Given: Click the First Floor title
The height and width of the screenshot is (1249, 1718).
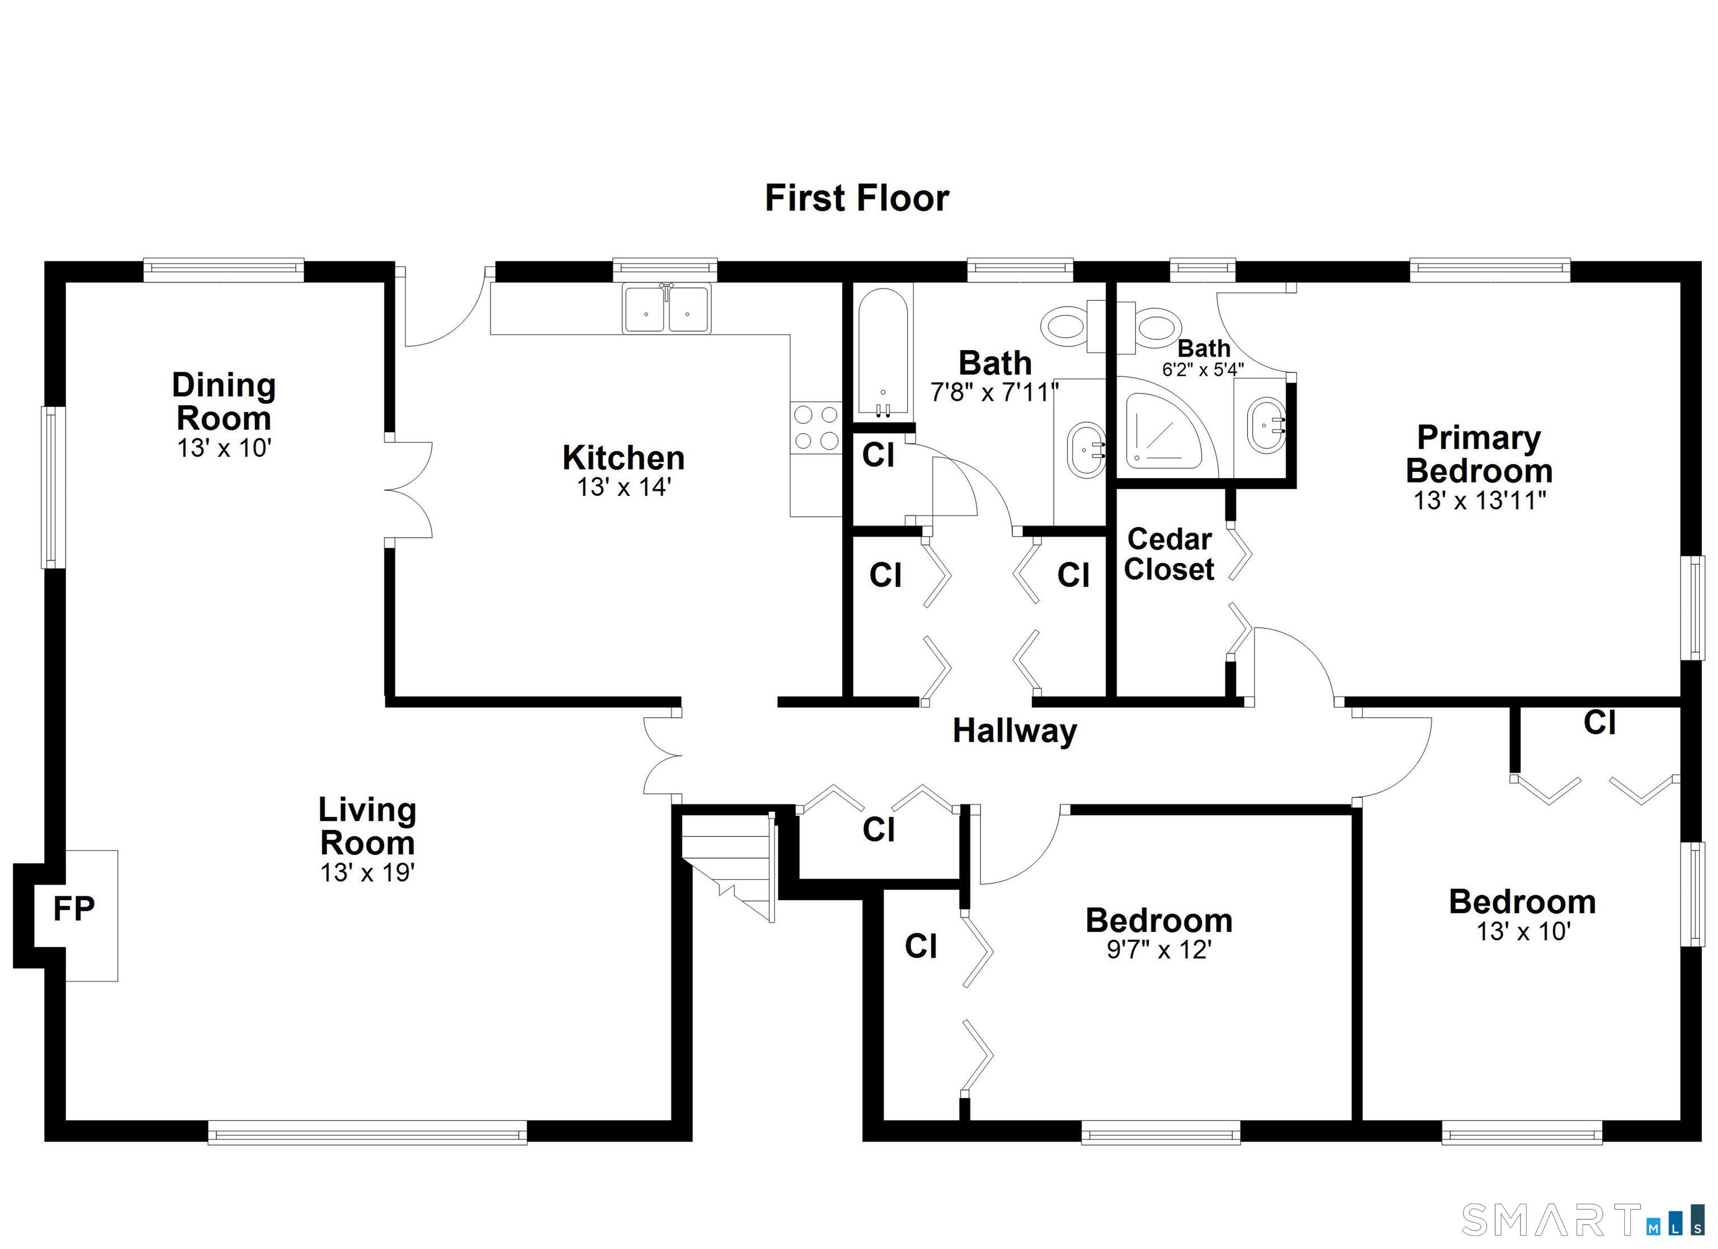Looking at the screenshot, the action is [857, 198].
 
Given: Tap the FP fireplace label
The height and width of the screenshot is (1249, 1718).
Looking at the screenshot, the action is [73, 908].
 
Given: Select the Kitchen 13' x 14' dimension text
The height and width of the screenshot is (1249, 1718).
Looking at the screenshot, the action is [624, 487].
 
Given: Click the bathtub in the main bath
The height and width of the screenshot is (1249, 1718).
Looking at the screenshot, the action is [882, 353].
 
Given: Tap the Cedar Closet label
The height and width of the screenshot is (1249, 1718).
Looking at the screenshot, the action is [1169, 555].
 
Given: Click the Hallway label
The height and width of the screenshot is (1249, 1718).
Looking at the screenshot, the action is [1014, 731].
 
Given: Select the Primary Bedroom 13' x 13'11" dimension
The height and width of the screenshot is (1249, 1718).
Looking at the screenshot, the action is [1479, 500].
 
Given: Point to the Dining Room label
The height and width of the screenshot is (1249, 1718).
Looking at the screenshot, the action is [224, 401].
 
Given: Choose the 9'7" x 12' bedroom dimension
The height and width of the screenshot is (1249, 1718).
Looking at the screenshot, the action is [1159, 950].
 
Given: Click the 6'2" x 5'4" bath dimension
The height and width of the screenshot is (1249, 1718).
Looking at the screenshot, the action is [1203, 370].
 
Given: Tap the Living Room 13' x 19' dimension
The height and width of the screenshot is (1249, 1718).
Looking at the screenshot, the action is [367, 873].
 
